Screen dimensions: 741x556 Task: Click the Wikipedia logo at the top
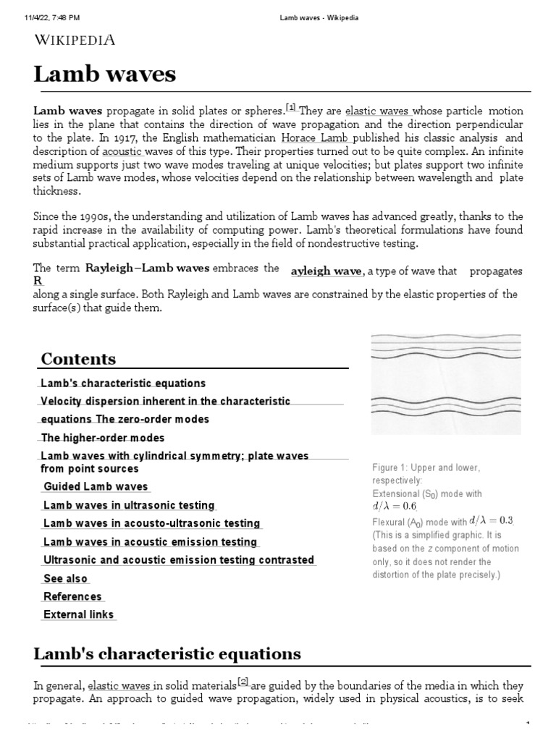pyautogui.click(x=75, y=41)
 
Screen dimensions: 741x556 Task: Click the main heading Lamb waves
pyautogui.click(x=104, y=75)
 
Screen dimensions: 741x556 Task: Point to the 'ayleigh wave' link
pyautogui.click(x=326, y=271)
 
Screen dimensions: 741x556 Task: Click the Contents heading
pyautogui.click(x=78, y=359)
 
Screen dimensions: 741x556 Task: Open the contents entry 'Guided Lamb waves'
pyautogui.click(x=96, y=487)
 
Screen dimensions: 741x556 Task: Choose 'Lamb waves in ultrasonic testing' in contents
pyautogui.click(x=129, y=505)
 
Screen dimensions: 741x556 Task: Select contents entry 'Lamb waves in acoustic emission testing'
pyautogui.click(x=150, y=542)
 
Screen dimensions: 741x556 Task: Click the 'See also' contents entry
pyautogui.click(x=65, y=579)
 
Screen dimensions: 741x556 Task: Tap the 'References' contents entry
pyautogui.click(x=72, y=597)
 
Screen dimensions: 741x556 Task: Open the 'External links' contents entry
pyautogui.click(x=78, y=615)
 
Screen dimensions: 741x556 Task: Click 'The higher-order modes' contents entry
pyautogui.click(x=103, y=438)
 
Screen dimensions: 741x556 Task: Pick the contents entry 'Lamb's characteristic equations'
pyautogui.click(x=123, y=384)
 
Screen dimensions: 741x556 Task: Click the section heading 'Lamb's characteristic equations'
pyautogui.click(x=167, y=654)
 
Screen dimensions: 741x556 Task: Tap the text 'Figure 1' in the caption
pyautogui.click(x=389, y=467)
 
